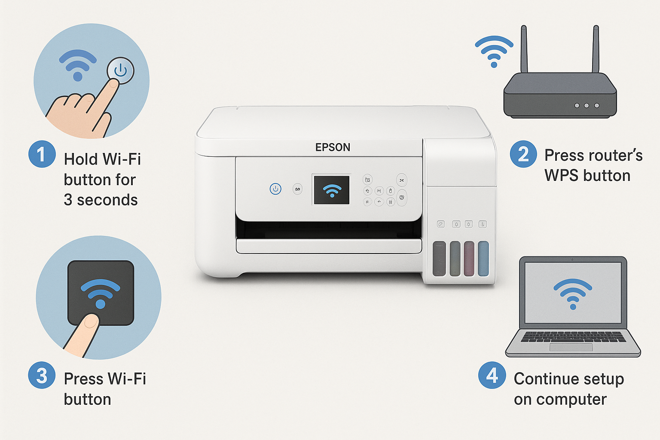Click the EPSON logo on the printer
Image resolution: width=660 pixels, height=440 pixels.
pyautogui.click(x=333, y=147)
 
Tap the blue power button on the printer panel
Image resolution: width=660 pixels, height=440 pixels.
pyautogui.click(x=275, y=189)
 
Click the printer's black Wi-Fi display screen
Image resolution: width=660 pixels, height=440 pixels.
pyautogui.click(x=331, y=190)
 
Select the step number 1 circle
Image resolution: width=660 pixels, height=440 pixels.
pyautogui.click(x=42, y=154)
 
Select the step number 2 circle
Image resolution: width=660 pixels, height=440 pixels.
pyautogui.click(x=523, y=154)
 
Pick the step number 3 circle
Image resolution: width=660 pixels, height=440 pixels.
pyautogui.click(x=42, y=375)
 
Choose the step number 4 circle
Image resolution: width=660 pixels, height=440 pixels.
pyautogui.click(x=492, y=375)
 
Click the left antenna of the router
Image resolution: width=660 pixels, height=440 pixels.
pyautogui.click(x=524, y=49)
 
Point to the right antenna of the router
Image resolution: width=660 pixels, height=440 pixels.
pyautogui.click(x=596, y=49)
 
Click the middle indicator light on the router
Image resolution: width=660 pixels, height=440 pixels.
pyautogui.click(x=587, y=105)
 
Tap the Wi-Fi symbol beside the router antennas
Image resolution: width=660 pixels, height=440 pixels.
pyautogui.click(x=494, y=51)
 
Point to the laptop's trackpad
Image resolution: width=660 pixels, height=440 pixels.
pyautogui.click(x=571, y=347)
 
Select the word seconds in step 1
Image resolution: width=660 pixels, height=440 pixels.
pyautogui.click(x=107, y=200)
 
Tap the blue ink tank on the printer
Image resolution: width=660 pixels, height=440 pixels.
pyautogui.click(x=483, y=259)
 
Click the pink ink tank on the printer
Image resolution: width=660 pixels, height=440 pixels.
pyautogui.click(x=469, y=259)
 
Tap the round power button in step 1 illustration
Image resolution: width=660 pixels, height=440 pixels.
pyautogui.click(x=120, y=70)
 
